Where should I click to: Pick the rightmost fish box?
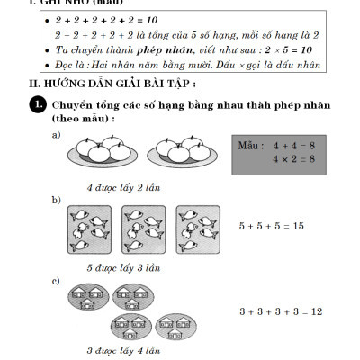pos(198,229)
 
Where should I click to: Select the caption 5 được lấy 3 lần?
pos(122,267)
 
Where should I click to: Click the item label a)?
pos(57,134)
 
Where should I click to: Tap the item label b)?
pos(57,199)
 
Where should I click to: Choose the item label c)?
pos(57,281)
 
